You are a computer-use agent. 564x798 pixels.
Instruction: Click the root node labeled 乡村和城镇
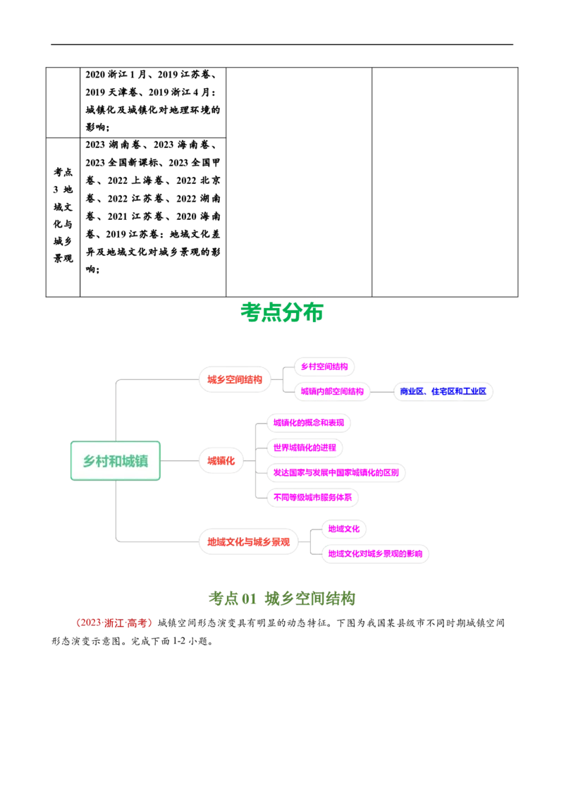[x=116, y=461]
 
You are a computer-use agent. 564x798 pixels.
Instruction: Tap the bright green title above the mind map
[x=283, y=312]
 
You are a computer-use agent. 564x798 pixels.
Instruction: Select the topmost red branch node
[x=235, y=379]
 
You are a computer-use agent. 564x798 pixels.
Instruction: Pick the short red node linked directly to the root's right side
[x=221, y=461]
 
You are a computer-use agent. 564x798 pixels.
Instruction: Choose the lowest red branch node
[x=248, y=541]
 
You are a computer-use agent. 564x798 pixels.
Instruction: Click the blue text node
[x=443, y=391]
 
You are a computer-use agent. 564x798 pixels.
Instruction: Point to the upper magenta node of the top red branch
[x=324, y=367]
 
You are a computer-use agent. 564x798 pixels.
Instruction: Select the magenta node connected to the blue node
[x=332, y=391]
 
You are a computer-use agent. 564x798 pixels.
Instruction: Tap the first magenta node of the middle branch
[x=308, y=423]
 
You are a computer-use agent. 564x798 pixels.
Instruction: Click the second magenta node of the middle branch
[x=305, y=447]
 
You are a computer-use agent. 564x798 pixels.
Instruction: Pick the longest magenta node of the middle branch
[x=336, y=472]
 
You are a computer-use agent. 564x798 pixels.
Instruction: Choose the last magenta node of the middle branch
[x=312, y=496]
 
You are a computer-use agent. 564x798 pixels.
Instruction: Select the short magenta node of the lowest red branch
[x=344, y=529]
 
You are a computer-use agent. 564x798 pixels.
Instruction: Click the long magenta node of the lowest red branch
[x=375, y=553]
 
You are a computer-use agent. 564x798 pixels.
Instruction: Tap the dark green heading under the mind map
[x=283, y=598]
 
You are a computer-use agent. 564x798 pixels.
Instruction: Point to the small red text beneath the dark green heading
[x=114, y=623]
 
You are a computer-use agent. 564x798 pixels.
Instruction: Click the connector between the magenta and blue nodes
[x=381, y=391]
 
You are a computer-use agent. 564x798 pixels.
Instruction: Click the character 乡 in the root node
[x=89, y=462]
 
